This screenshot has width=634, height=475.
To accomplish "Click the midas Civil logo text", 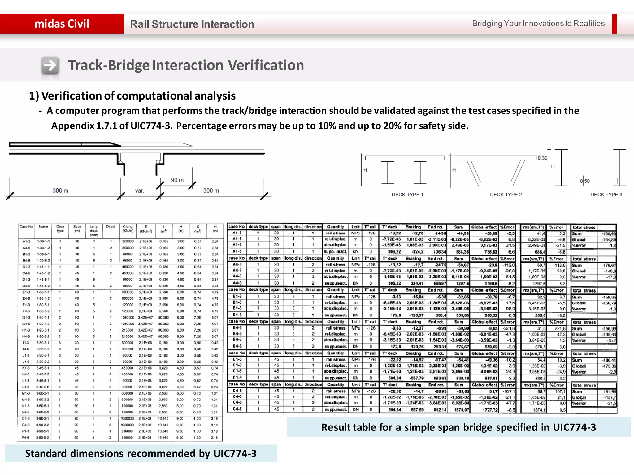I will click(62, 24).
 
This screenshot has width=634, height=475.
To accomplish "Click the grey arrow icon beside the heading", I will click(50, 66).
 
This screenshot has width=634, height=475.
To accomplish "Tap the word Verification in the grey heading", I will click(266, 65).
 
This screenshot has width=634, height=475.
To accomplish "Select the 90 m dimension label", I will click(177, 180).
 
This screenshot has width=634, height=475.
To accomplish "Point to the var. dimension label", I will click(139, 191).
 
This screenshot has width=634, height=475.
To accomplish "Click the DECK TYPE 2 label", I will click(506, 195).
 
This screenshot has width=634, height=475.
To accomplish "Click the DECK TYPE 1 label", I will click(407, 195).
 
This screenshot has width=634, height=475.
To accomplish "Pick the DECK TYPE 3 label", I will click(606, 195).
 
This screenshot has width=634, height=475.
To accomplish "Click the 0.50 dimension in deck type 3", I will click(585, 181).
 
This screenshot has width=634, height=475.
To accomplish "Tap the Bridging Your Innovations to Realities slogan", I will click(538, 24).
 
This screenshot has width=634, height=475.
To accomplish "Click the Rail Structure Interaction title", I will click(192, 24).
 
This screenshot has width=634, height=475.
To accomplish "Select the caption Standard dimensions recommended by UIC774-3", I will click(141, 453).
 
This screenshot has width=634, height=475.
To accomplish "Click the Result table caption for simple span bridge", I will click(458, 427).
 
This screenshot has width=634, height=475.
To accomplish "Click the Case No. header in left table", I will click(26, 227).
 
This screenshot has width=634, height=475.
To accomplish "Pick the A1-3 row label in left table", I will click(26, 241).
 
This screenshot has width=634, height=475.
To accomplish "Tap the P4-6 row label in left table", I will click(26, 438).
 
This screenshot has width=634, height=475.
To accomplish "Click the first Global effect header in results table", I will click(484, 227).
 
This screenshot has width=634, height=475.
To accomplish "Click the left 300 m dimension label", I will click(60, 191).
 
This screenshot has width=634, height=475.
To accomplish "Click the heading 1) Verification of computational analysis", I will click(132, 96).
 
